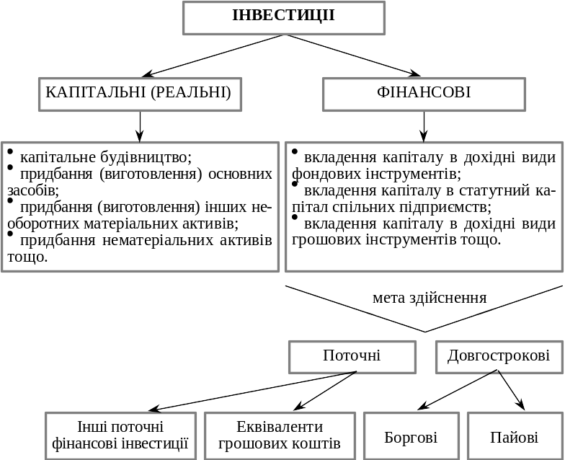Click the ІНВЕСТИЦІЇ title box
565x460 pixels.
pos(284,18)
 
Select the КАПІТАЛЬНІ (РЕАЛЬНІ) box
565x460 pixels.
pos(140,94)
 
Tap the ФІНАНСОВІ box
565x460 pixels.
pos(424,94)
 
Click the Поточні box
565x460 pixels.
pos(352,357)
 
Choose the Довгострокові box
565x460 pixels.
pos(499,357)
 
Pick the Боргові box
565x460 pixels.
pos(411,436)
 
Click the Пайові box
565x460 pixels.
pos(515,436)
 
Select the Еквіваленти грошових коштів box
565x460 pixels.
pos(280,436)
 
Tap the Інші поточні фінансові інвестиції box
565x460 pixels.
pos(121,436)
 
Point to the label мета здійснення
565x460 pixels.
pos(430,298)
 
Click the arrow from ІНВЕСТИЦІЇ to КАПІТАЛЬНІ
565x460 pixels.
pos(213,56)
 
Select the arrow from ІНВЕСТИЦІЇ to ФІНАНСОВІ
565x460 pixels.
pos(352,56)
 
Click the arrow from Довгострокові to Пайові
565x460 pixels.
pos(511,390)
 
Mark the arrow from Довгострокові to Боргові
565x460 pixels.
pos(458,390)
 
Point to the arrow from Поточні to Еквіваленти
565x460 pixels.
pos(325,391)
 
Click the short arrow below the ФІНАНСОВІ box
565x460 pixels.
pos(424,127)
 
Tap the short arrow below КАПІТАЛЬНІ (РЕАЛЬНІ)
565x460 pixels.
pos(140,127)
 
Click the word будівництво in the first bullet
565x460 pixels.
pos(146,157)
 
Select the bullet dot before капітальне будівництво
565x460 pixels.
pos(10,151)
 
